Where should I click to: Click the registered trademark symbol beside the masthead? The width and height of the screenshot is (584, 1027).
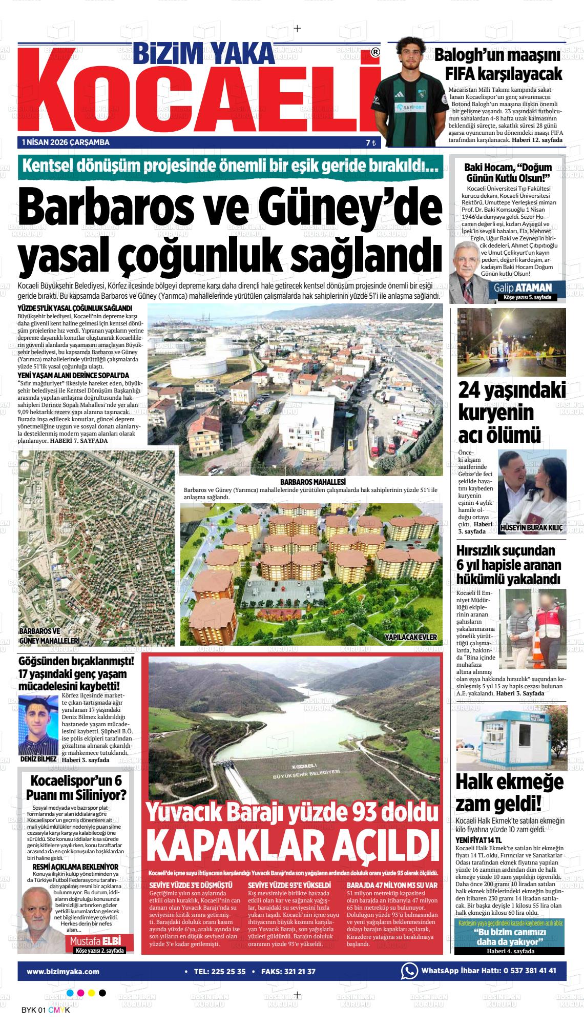(x=375, y=52)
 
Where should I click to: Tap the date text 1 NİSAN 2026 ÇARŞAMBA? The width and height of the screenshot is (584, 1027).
(x=66, y=142)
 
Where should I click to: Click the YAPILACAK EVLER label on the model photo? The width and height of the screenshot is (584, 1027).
(x=410, y=637)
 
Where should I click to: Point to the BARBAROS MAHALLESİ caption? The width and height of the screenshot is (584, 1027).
(x=313, y=482)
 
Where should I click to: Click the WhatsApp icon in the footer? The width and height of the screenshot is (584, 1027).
(x=409, y=971)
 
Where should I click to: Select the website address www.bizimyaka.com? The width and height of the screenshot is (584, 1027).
(x=63, y=971)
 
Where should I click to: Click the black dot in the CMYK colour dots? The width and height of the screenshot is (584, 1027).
(x=102, y=993)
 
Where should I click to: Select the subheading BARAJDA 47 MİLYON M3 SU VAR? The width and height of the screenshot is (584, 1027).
(x=392, y=885)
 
